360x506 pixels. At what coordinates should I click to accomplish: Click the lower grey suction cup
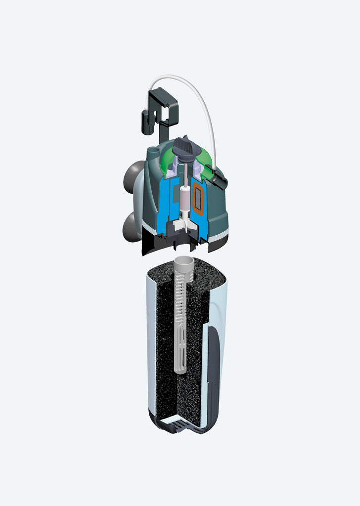click(x=130, y=226)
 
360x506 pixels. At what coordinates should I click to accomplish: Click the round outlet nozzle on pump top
click(x=153, y=149)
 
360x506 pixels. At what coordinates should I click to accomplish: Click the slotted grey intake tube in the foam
click(x=181, y=321)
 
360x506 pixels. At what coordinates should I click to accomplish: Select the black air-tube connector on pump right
click(x=219, y=178)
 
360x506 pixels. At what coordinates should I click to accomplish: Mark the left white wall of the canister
click(x=151, y=346)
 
